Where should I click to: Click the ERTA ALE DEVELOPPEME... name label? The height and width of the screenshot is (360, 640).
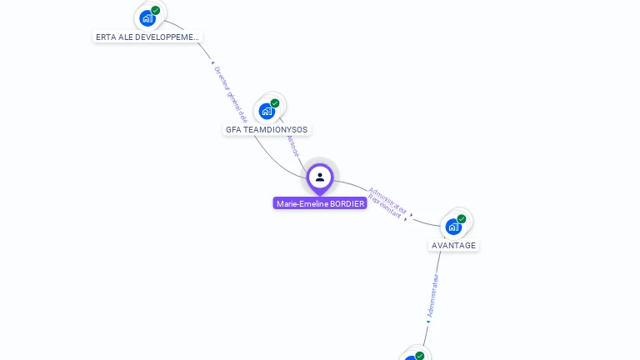[x=147, y=37]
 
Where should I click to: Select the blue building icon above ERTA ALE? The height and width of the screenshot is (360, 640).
[x=147, y=18]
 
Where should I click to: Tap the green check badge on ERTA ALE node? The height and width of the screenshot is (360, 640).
[x=156, y=11]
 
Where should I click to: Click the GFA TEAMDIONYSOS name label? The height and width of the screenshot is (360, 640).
[x=267, y=130]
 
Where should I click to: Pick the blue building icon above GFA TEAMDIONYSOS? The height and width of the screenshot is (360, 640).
[x=266, y=111]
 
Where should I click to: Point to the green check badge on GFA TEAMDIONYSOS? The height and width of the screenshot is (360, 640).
[x=275, y=103]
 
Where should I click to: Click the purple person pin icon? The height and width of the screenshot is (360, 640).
[x=320, y=177]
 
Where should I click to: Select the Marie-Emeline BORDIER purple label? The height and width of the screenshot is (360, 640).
[x=320, y=203]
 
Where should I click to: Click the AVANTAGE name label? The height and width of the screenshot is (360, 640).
[x=453, y=246]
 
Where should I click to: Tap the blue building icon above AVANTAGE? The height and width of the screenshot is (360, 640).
[x=452, y=226]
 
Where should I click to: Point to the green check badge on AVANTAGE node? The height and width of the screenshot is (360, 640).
[x=462, y=219]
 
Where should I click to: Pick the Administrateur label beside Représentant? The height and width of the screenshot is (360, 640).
[x=388, y=198]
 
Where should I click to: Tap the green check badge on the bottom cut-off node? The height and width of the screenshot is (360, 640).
[x=420, y=356]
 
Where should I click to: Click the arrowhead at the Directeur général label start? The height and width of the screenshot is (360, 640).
[x=213, y=62]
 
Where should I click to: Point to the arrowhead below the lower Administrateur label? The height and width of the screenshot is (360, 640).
[x=428, y=321]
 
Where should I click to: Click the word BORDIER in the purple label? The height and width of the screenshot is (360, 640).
[x=347, y=203]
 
